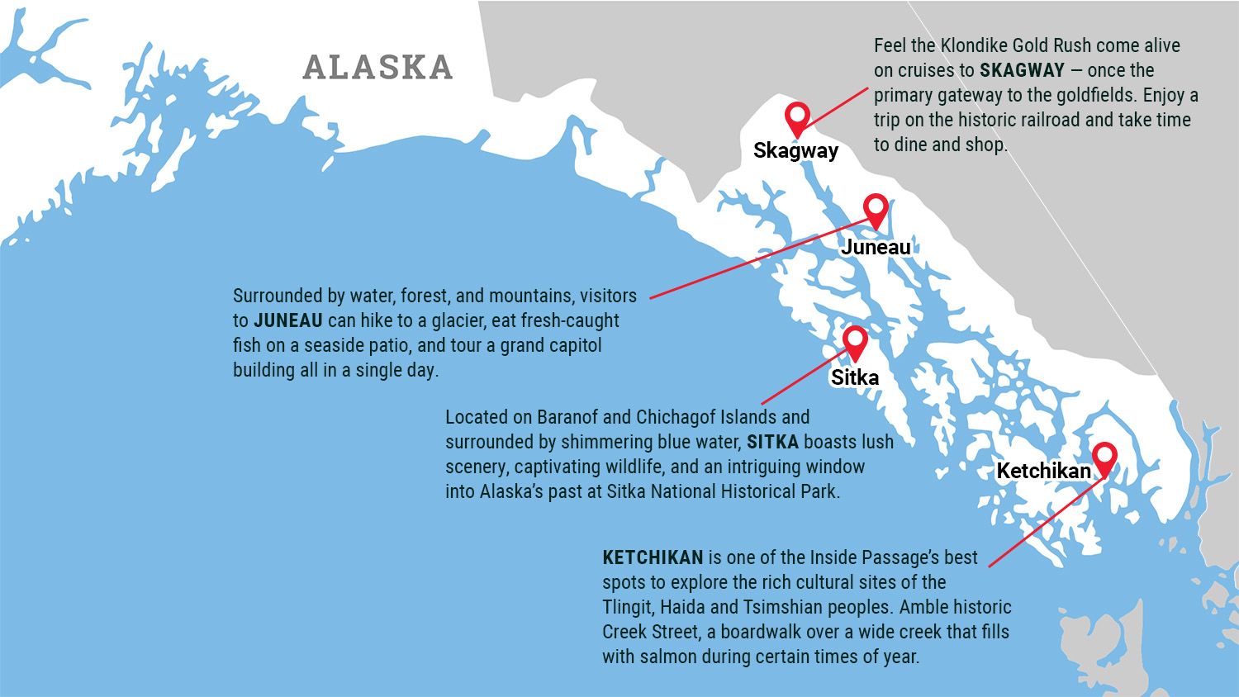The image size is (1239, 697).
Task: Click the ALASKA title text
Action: [x=378, y=67]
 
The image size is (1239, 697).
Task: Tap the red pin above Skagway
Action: [x=797, y=117]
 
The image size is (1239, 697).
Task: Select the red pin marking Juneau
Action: [x=876, y=209]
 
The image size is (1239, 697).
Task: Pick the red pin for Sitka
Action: [x=855, y=340]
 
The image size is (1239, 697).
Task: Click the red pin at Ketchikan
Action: [x=1104, y=458]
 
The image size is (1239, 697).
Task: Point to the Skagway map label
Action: [x=795, y=150]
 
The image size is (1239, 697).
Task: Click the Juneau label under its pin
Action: [x=876, y=247]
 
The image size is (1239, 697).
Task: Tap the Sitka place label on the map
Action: [x=855, y=377]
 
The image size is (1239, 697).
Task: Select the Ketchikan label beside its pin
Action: [x=1043, y=471]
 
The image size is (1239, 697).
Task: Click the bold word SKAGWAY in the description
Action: [x=1022, y=70]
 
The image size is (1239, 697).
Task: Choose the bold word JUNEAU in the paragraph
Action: [x=288, y=320]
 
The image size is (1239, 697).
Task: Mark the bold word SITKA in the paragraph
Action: [x=772, y=442]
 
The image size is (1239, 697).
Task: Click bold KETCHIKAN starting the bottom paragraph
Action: [x=653, y=557]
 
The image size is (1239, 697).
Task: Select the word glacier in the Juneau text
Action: [x=457, y=320]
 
